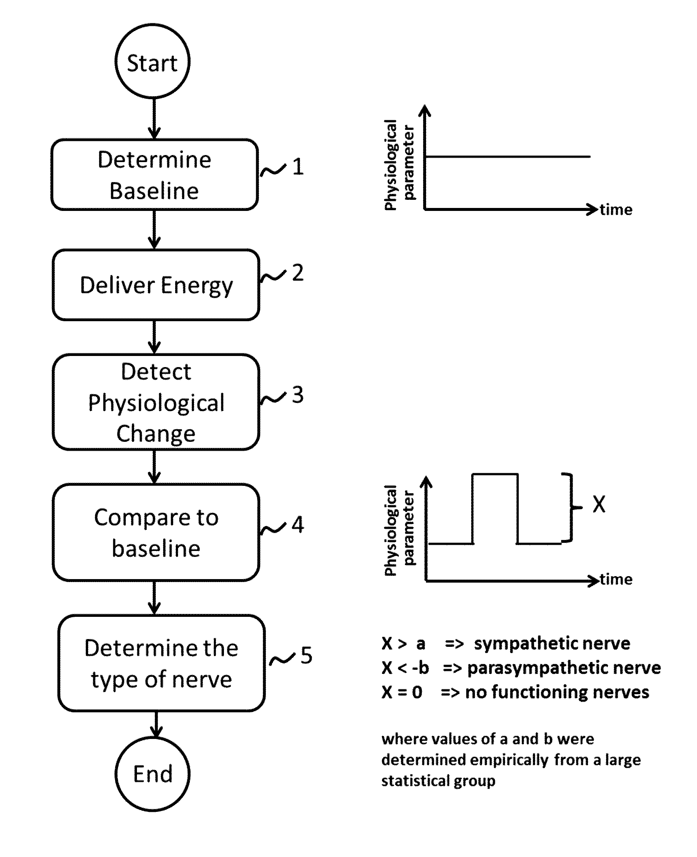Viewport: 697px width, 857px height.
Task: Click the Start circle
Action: coord(152,61)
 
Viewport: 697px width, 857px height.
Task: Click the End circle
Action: coord(153,773)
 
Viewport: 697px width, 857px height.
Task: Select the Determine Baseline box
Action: coord(155,175)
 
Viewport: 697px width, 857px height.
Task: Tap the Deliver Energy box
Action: coord(156,285)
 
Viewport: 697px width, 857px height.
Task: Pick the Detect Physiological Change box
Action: coord(156,402)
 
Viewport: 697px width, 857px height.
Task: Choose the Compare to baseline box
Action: coord(156,532)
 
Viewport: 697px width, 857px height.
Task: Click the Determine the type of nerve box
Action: coord(161,663)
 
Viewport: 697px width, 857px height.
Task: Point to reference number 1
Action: coord(298,167)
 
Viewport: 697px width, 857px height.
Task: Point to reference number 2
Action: coord(298,273)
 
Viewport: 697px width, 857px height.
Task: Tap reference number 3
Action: coord(298,394)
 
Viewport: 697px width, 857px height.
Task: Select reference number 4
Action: coord(298,524)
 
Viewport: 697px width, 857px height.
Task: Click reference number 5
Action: coord(306,655)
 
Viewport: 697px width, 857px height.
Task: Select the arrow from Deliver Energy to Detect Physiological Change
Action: coord(154,337)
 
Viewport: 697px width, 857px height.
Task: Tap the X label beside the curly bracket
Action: coord(599,504)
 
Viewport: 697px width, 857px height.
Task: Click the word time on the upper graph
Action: coord(616,209)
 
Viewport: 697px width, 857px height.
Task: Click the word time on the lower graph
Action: coord(616,579)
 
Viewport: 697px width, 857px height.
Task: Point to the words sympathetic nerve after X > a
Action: coord(552,643)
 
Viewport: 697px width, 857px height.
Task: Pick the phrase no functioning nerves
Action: coord(557,692)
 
